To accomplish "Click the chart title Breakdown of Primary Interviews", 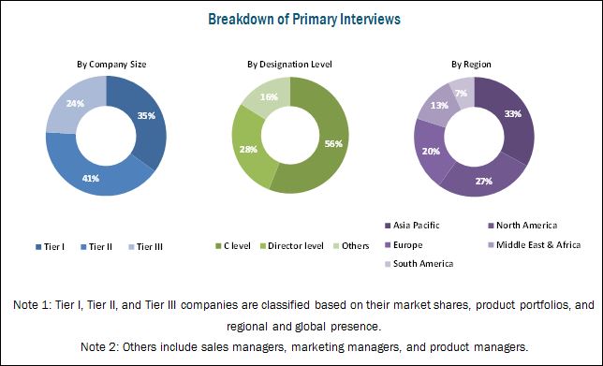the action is tap(304, 19).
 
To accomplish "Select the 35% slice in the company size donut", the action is tap(146, 115).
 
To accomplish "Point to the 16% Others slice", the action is tap(270, 96).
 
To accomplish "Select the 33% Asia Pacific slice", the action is tap(513, 114).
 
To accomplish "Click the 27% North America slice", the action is tap(484, 180).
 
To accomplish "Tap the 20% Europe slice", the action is tap(430, 151).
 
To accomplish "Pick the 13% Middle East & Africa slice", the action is tap(438, 106).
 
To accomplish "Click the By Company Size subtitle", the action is tap(111, 65).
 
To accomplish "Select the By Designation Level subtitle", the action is tap(289, 65).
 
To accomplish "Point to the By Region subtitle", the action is tap(471, 65).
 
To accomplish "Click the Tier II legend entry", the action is tap(96, 247).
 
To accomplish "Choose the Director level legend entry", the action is tap(292, 246).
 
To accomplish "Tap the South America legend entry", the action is tap(419, 264).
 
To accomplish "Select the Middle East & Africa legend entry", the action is tap(534, 245).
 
